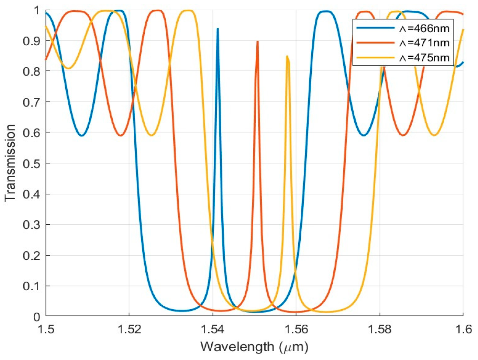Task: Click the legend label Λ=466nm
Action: (x=424, y=28)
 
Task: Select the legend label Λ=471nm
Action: (x=424, y=43)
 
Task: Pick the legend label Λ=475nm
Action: (x=424, y=57)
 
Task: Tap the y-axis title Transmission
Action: (x=10, y=163)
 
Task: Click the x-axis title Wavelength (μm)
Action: (x=254, y=347)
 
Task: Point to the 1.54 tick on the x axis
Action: (x=212, y=329)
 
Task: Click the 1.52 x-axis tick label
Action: (x=129, y=329)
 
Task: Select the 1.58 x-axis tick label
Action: (x=379, y=329)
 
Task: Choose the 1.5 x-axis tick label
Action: (x=46, y=329)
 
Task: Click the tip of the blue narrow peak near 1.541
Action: (x=218, y=29)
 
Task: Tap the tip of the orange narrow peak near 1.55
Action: (x=257, y=42)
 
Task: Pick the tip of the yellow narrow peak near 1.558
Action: (x=287, y=56)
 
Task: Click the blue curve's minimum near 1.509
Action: (x=81, y=135)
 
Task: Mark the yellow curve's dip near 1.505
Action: (x=69, y=68)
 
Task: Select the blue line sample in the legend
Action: (x=375, y=28)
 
